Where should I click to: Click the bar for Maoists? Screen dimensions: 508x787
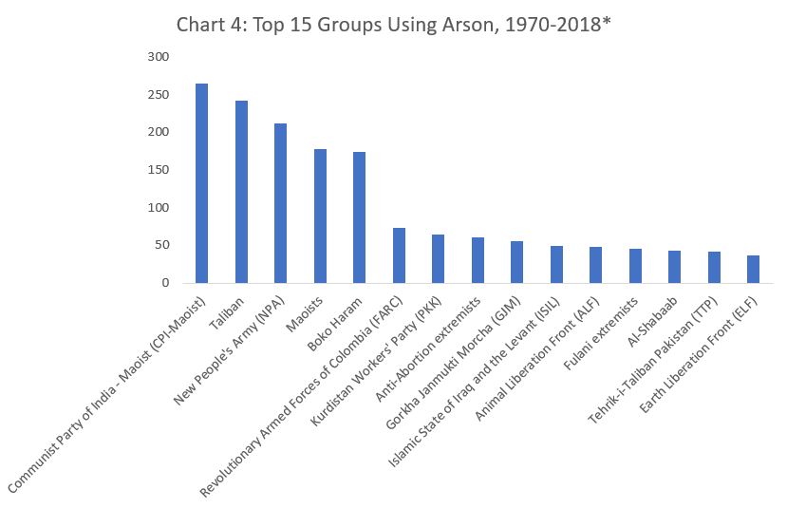click(x=320, y=216)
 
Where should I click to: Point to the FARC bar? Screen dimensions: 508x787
click(x=399, y=255)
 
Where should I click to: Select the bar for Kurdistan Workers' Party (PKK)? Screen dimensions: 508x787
click(x=438, y=259)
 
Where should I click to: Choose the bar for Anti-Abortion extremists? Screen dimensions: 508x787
click(x=478, y=260)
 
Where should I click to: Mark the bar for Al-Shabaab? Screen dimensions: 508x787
click(x=674, y=267)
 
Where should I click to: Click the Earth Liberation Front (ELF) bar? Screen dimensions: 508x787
click(x=753, y=269)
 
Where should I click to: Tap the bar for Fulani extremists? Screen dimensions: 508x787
click(x=635, y=266)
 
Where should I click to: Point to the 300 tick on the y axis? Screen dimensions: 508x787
click(x=158, y=57)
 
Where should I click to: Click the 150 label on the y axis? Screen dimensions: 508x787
click(x=158, y=170)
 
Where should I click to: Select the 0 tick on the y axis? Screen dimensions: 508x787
click(x=164, y=283)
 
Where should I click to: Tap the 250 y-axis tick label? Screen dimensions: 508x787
click(x=158, y=95)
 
